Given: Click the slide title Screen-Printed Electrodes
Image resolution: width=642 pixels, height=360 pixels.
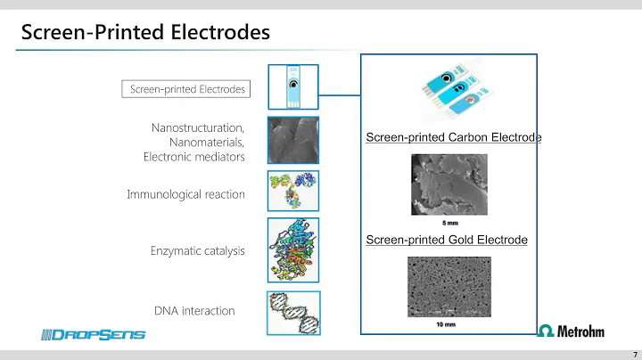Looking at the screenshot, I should click(x=145, y=34).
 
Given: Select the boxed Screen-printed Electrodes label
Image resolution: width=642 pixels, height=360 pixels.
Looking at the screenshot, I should click(x=186, y=89).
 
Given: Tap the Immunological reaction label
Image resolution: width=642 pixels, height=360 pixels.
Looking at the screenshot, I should click(x=185, y=194).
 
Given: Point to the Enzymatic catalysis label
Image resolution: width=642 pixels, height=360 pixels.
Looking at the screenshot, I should click(x=197, y=250).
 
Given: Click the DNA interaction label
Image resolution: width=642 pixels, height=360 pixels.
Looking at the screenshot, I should click(x=194, y=310).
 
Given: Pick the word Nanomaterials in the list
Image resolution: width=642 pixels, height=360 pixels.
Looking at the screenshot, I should click(x=206, y=143).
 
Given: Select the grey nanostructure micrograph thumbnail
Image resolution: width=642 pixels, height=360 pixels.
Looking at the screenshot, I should click(x=292, y=139).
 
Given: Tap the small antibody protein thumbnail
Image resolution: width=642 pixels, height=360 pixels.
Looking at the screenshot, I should click(x=292, y=190).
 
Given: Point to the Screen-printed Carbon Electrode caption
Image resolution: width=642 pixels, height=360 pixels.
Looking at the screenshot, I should click(x=454, y=137).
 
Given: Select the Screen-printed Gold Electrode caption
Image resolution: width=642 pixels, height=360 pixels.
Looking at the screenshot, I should click(x=447, y=240).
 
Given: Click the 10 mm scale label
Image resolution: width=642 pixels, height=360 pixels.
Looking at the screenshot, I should click(x=446, y=325).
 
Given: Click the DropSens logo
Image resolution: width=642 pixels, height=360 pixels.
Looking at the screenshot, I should click(x=93, y=334).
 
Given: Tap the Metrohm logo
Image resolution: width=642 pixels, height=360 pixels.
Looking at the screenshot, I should click(x=571, y=331).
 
